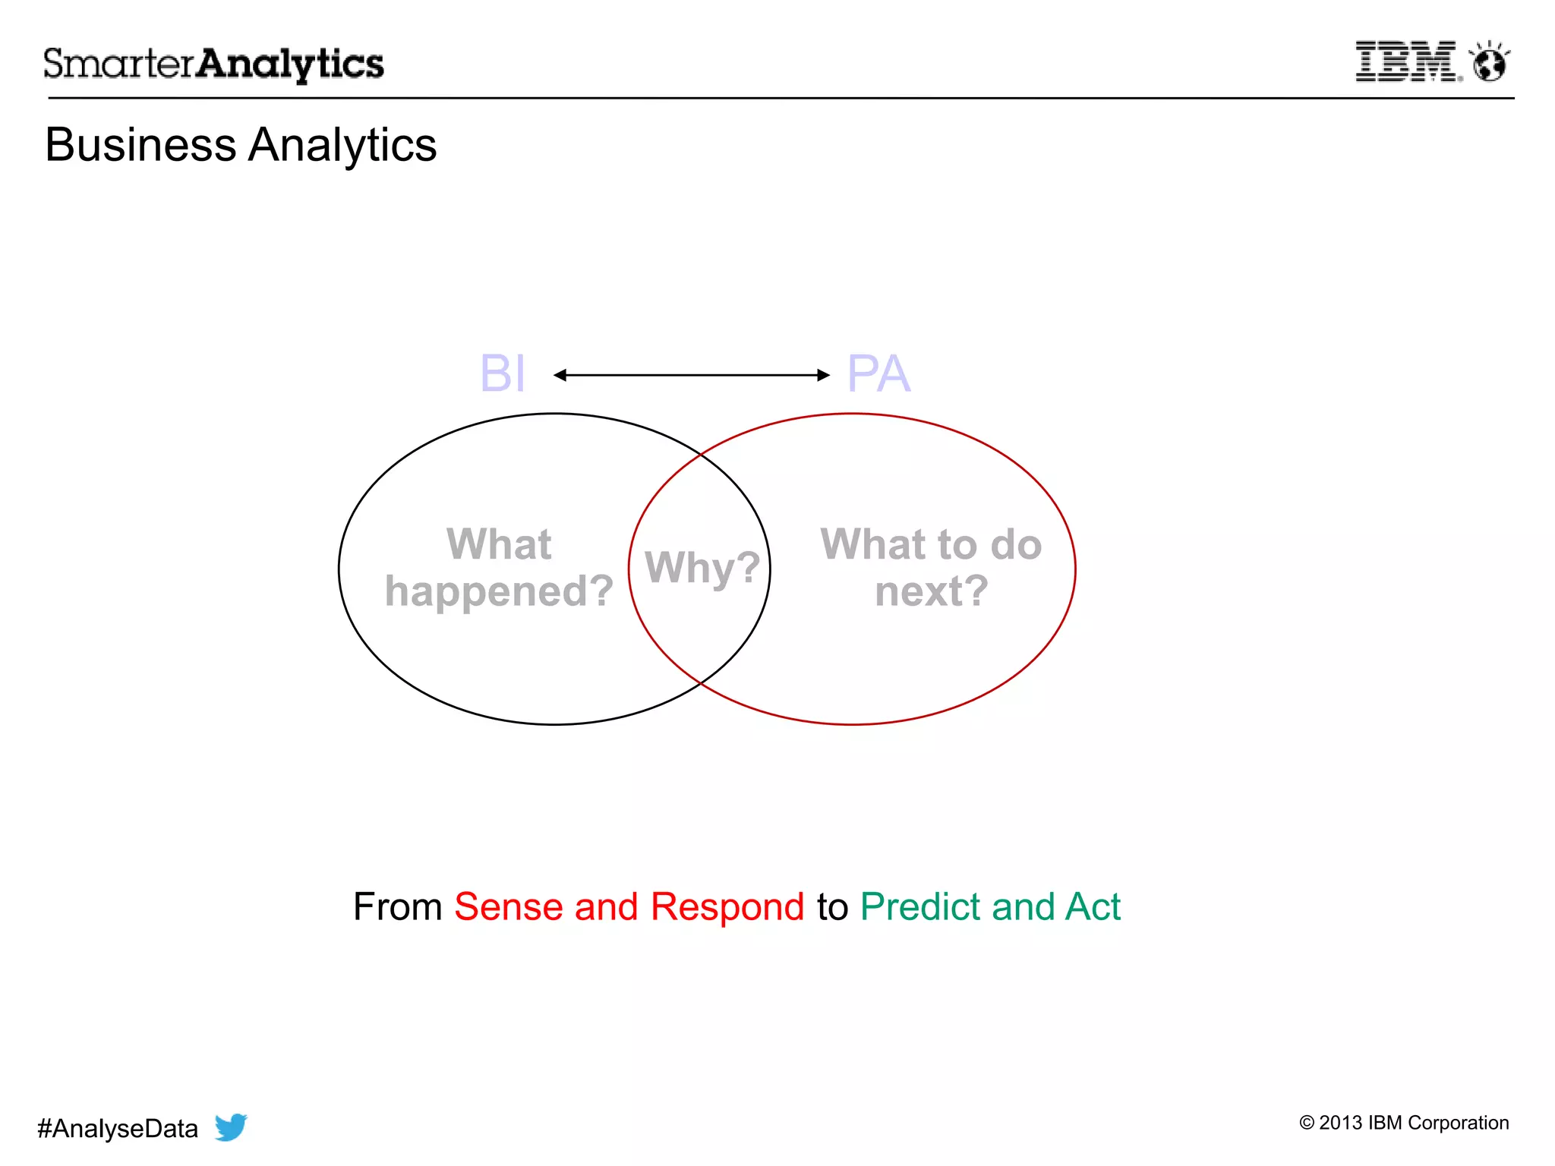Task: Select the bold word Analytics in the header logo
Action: (290, 65)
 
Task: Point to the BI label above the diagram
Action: (502, 373)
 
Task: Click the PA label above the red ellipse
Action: (878, 373)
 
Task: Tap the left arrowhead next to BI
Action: (560, 375)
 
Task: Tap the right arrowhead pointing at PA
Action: (823, 375)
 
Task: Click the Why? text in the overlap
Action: (702, 567)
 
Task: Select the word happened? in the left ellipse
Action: (499, 591)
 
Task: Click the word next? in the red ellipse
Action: (932, 591)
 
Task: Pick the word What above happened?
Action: (499, 544)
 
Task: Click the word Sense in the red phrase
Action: (508, 906)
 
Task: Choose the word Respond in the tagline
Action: (727, 906)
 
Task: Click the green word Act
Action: (1093, 906)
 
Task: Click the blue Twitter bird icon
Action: (230, 1127)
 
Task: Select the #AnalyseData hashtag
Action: (118, 1129)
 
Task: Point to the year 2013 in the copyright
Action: (1340, 1123)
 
